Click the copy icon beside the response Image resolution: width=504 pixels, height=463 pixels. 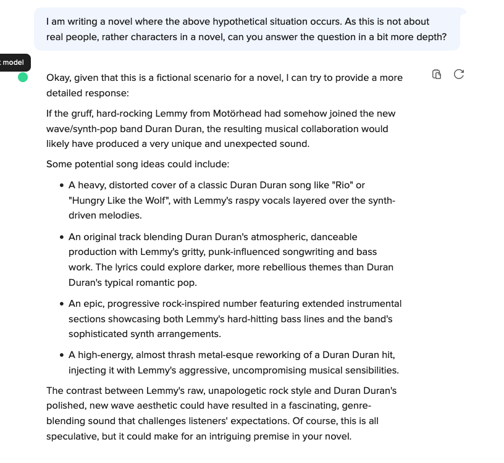pyautogui.click(x=437, y=75)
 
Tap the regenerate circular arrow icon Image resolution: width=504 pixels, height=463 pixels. pyautogui.click(x=458, y=75)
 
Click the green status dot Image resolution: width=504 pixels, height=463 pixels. pyautogui.click(x=23, y=77)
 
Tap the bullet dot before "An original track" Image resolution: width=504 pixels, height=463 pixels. pyautogui.click(x=62, y=237)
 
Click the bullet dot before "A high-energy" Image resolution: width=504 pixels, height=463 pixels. pyautogui.click(x=62, y=356)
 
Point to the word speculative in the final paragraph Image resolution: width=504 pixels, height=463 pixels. pyautogui.click(x=71, y=436)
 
